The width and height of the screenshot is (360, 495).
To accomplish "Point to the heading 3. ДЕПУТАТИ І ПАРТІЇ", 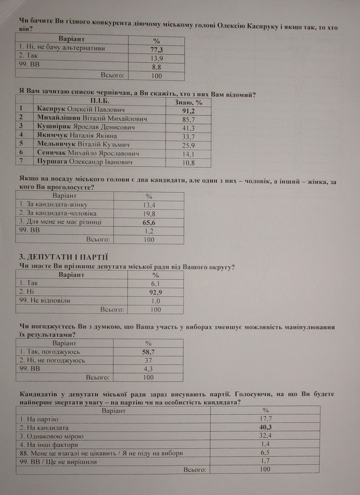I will [63, 257].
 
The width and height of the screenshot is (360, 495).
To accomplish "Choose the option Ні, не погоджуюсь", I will [52, 360].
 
